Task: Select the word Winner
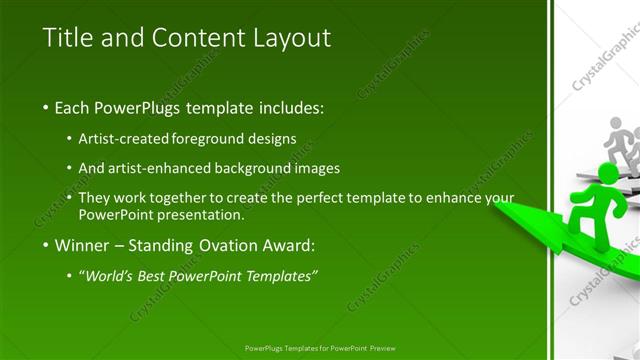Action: click(x=80, y=245)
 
